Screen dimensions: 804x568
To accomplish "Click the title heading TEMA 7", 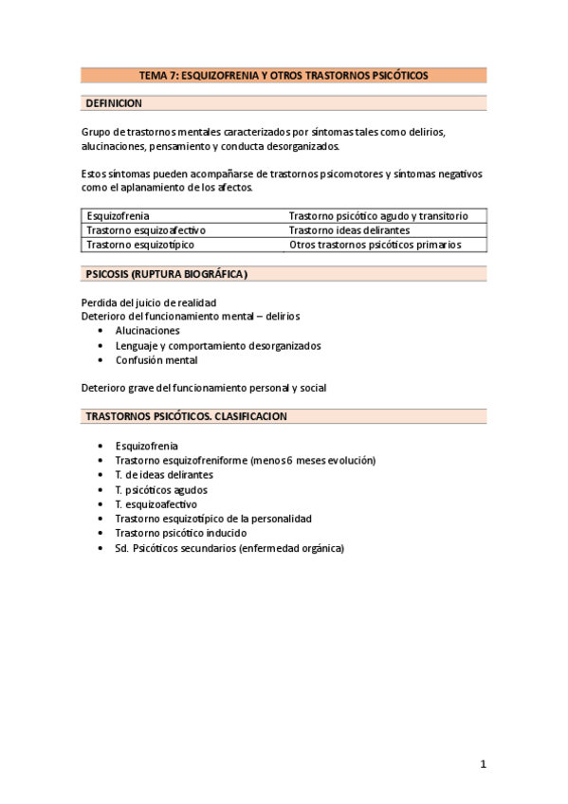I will coord(284,75).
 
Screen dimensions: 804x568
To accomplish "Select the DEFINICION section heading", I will coord(114,103).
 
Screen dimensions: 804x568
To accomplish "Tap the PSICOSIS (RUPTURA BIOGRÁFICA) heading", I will coord(166,274).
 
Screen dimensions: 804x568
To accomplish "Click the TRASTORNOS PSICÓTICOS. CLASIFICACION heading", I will coord(187,416).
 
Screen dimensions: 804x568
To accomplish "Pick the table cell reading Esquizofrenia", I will coord(118,216).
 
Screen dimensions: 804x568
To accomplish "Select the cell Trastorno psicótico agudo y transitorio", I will coord(377,216).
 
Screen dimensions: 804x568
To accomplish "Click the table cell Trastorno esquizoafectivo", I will coord(146,230).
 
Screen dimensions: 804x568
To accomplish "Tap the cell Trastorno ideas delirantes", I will coord(349,230).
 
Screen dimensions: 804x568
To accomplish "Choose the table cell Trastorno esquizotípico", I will coord(140,245).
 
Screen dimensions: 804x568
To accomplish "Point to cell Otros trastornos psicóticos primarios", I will coord(375,245).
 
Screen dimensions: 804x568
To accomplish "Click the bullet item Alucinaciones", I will coord(147,331).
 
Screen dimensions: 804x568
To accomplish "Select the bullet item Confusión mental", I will coord(156,360).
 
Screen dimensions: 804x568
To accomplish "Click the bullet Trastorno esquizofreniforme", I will coord(245,460).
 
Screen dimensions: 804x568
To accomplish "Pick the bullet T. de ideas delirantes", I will coord(164,474).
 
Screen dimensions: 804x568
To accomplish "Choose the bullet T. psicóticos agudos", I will coord(161,489).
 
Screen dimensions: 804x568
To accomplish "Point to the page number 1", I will coord(483,764).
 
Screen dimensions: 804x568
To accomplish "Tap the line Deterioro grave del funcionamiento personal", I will coord(204,388).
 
